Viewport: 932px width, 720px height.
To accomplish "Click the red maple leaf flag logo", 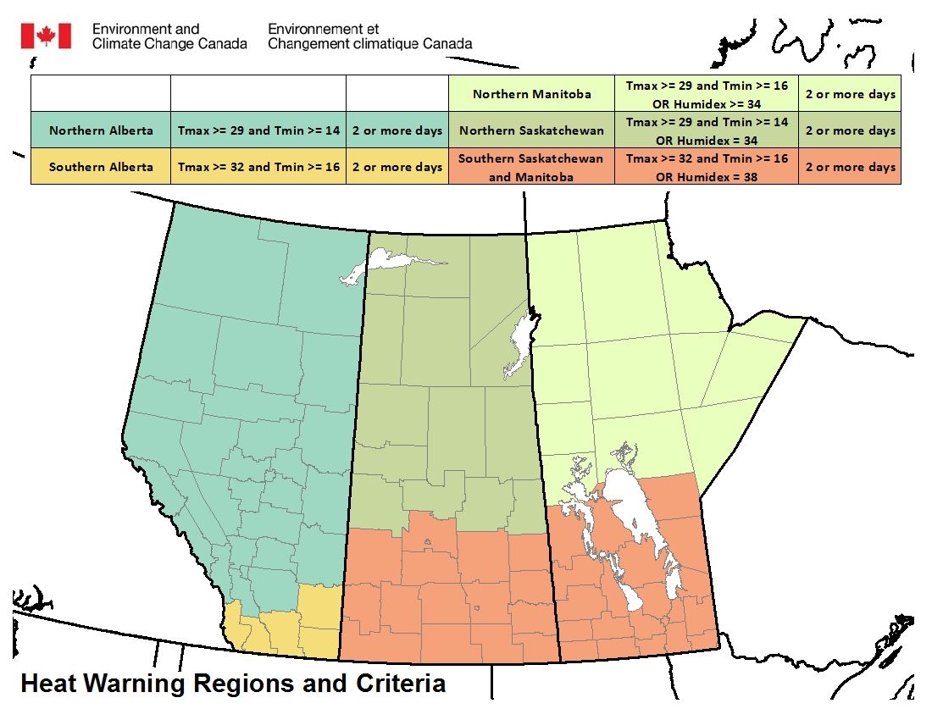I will tap(46, 36).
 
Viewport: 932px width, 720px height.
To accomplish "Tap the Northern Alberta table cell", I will tap(101, 130).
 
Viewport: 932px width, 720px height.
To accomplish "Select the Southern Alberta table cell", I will tap(101, 167).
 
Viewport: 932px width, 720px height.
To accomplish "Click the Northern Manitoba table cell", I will tap(531, 94).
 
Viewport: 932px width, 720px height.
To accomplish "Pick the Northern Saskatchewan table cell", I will tap(531, 130).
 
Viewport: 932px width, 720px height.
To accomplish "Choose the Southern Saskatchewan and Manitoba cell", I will tap(531, 167).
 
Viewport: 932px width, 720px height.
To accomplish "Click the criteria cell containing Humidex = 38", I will tap(707, 167).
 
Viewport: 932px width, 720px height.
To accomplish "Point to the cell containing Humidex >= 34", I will tap(707, 94).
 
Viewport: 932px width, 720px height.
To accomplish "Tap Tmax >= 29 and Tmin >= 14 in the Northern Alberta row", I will tap(258, 130).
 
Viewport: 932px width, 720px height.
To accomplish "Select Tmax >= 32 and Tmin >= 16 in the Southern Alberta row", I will tap(258, 167).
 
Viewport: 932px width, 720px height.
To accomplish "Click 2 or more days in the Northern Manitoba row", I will tap(850, 94).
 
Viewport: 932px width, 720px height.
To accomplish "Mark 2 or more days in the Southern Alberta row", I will tap(397, 167).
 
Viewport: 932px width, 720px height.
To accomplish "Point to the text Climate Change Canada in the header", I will tap(169, 43).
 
